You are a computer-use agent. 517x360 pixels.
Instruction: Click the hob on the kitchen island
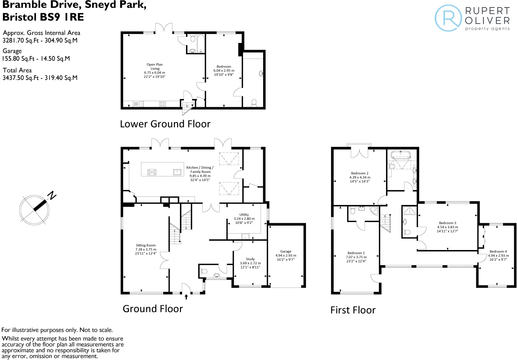152,172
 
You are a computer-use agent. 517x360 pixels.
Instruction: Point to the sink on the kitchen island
177,172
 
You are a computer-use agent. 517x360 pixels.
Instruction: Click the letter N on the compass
52,195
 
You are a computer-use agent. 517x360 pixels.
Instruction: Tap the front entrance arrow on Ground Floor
186,296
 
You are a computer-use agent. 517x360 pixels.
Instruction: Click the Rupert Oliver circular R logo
448,18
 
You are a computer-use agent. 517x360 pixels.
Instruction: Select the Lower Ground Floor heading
165,124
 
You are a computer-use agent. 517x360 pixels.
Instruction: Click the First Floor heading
353,310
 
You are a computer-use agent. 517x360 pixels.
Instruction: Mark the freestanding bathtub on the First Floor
401,155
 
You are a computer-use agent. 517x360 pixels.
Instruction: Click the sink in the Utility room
245,236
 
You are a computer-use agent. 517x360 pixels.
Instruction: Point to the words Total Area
17,70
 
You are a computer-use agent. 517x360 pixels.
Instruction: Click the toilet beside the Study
204,271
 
